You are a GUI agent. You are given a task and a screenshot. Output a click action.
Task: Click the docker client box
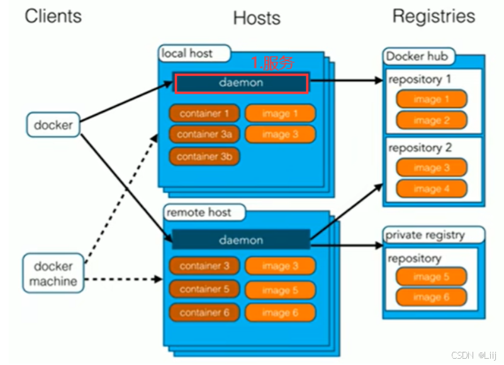click(53, 125)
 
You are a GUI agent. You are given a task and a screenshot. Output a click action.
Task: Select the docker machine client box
click(53, 273)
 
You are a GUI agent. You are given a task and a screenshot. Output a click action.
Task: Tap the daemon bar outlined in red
click(242, 83)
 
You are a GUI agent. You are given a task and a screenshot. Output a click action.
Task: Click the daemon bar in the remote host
click(241, 240)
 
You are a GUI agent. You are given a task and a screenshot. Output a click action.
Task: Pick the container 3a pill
click(204, 134)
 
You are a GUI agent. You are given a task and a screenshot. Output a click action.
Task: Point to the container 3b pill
click(204, 157)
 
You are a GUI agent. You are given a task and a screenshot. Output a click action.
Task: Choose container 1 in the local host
click(204, 113)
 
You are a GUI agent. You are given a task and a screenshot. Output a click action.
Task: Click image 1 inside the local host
click(280, 113)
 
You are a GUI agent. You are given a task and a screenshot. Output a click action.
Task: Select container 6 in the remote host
click(204, 313)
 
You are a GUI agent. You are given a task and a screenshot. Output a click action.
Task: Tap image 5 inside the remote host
click(280, 290)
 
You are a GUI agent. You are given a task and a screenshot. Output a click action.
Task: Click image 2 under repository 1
click(432, 120)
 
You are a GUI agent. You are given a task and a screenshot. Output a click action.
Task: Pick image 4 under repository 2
click(432, 188)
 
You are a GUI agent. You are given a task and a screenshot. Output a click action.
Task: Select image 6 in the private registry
click(432, 297)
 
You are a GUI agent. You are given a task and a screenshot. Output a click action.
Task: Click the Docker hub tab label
click(417, 56)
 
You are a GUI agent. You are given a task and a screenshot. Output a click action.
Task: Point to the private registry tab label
click(425, 235)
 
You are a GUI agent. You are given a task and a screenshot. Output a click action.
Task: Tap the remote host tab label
click(199, 212)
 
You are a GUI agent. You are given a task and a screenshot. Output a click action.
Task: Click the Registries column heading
click(434, 16)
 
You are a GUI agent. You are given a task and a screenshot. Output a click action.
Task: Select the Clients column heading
click(53, 16)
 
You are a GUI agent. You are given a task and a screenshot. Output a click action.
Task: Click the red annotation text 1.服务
click(272, 62)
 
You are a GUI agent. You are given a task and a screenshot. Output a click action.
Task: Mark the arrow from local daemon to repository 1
click(346, 81)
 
